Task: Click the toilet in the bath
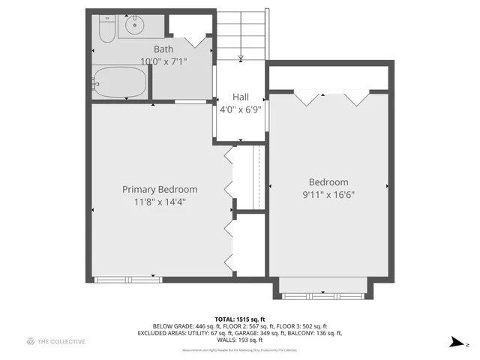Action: pyautogui.click(x=105, y=28)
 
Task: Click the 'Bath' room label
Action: pyautogui.click(x=164, y=49)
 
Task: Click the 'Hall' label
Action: pyautogui.click(x=240, y=97)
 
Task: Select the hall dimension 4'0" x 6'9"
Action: pyautogui.click(x=240, y=109)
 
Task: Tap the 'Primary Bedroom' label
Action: pyautogui.click(x=160, y=189)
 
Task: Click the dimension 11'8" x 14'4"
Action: pyautogui.click(x=160, y=201)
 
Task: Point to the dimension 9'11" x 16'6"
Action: pyautogui.click(x=328, y=194)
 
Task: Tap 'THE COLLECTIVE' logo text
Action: pyautogui.click(x=61, y=341)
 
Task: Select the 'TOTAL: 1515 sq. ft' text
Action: pyautogui.click(x=240, y=319)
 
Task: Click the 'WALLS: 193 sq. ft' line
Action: pyautogui.click(x=240, y=340)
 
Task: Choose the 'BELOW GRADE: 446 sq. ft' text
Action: pyautogui.click(x=184, y=326)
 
